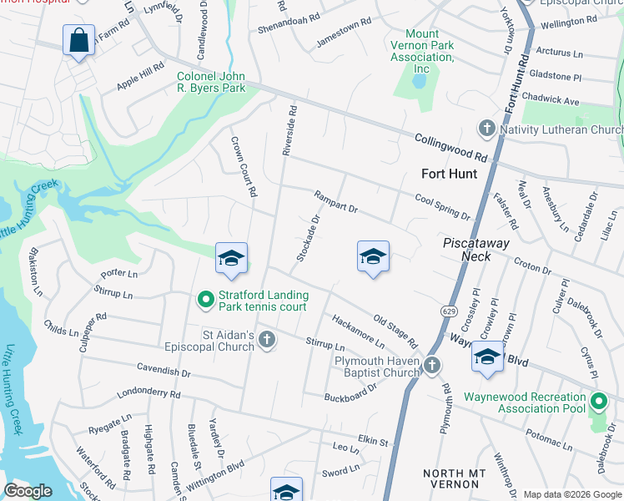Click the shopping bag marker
(x=78, y=40)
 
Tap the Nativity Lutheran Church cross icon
(x=487, y=129)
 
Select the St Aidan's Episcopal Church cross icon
(x=266, y=339)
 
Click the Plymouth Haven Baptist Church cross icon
(x=431, y=364)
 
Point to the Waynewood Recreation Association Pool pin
(x=597, y=402)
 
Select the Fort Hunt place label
(x=449, y=174)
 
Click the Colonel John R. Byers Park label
(x=211, y=82)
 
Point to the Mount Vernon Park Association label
(x=422, y=51)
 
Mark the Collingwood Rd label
(x=451, y=148)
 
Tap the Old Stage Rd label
(x=395, y=331)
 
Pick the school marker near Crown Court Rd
(x=231, y=259)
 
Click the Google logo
(x=28, y=491)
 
